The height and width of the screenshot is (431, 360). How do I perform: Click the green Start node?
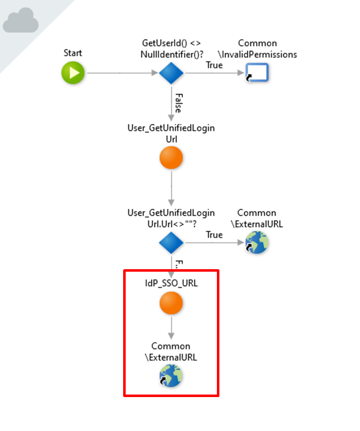[x=73, y=73]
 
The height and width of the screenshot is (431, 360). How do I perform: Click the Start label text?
[x=73, y=53]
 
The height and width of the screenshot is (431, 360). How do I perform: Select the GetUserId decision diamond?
[x=171, y=73]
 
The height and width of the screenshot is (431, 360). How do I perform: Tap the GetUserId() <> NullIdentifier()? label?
[x=171, y=48]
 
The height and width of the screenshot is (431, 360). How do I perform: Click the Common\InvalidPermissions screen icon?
[x=257, y=73]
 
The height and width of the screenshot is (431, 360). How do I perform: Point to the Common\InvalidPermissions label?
[x=257, y=49]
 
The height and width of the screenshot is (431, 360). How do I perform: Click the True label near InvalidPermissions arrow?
[x=214, y=65]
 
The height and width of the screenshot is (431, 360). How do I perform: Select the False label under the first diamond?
[x=178, y=102]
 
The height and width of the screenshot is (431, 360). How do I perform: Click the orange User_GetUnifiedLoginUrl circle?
[x=171, y=158]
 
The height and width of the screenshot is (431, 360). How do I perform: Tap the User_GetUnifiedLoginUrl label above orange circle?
[x=171, y=133]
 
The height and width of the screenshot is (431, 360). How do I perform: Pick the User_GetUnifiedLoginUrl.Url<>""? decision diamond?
[x=171, y=243]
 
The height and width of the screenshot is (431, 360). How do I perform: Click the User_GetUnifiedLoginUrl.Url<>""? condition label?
[x=171, y=218]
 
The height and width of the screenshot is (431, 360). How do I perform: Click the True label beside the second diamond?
[x=214, y=235]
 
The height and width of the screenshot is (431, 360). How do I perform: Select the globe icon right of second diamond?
[x=257, y=243]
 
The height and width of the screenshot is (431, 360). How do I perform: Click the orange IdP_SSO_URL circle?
[x=171, y=303]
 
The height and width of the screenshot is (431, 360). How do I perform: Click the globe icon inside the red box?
[x=171, y=376]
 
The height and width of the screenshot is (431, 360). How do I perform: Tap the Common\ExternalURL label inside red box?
[x=171, y=352]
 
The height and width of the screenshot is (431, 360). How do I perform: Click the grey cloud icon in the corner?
[x=21, y=21]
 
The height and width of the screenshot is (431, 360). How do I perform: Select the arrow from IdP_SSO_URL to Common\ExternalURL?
[x=171, y=327]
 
